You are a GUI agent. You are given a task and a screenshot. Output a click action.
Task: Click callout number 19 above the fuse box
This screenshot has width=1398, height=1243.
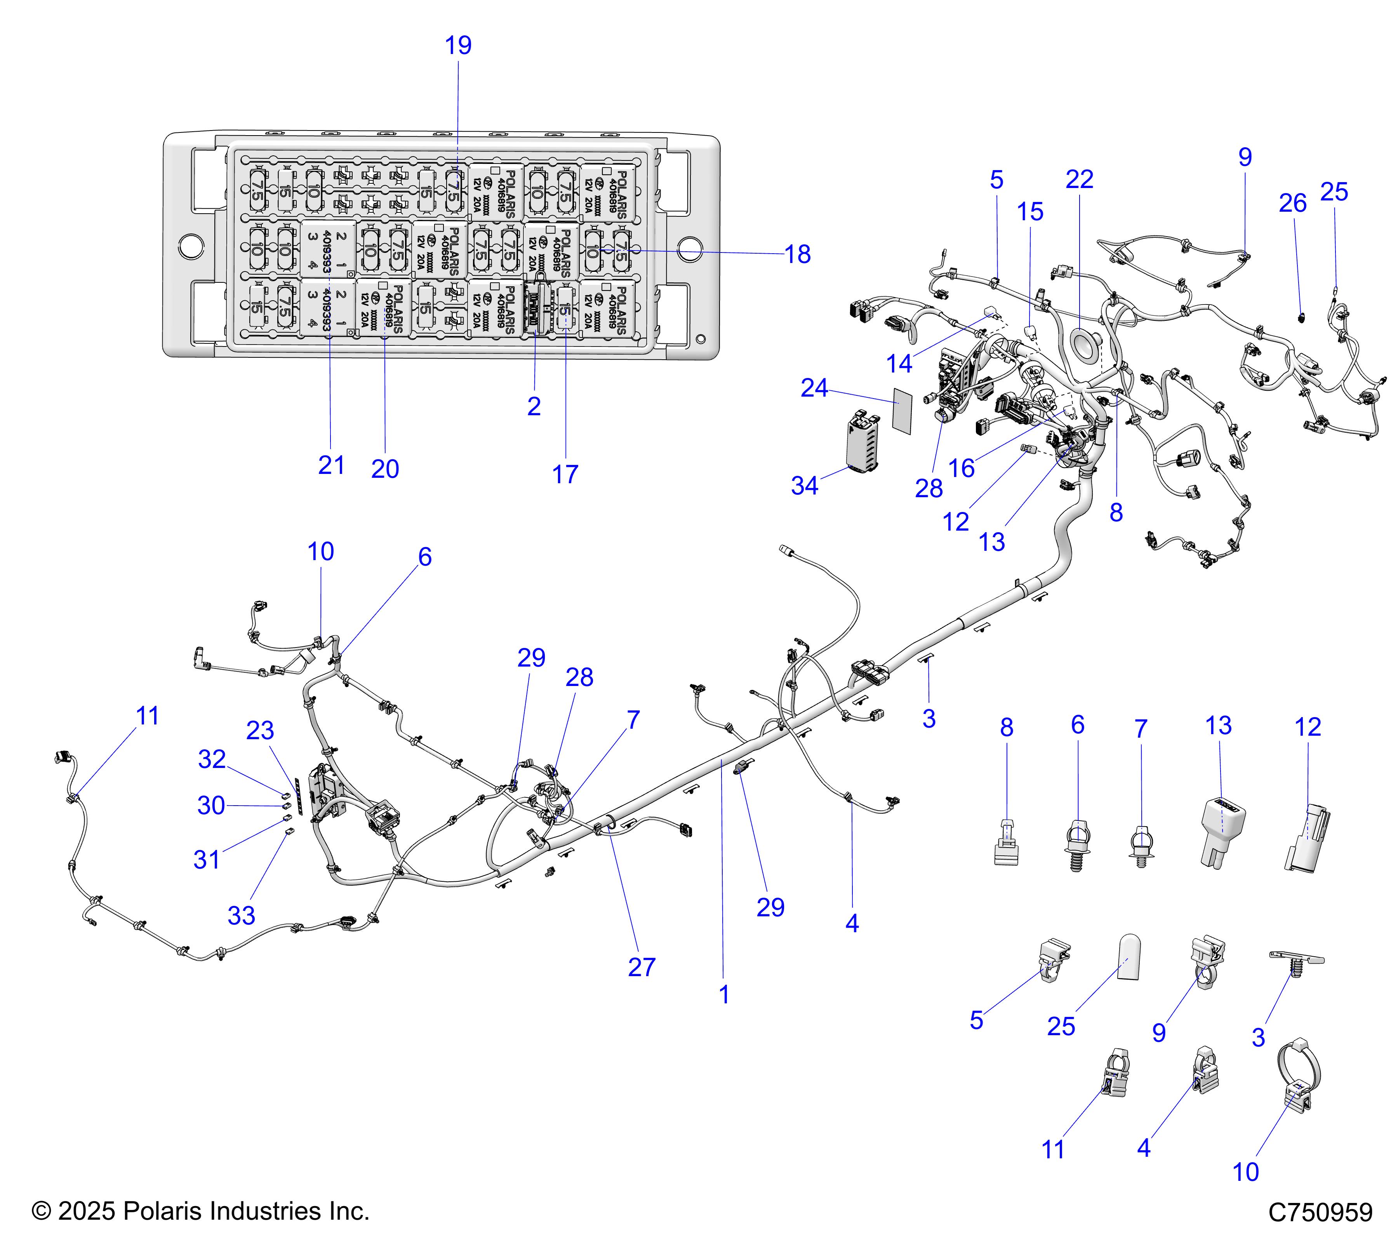[458, 46]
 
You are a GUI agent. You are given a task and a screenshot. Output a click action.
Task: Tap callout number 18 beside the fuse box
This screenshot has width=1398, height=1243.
[798, 254]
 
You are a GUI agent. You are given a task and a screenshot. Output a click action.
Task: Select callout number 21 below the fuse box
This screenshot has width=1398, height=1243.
[331, 465]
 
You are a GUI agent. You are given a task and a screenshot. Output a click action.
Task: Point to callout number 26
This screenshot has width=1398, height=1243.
[1293, 203]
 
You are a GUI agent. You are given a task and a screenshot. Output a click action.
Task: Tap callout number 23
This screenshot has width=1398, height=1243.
[260, 731]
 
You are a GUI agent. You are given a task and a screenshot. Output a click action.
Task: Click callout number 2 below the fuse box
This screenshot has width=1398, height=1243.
[534, 406]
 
